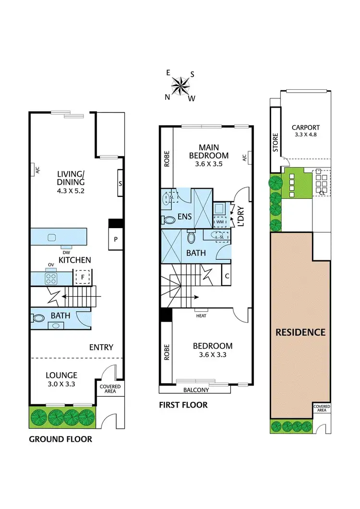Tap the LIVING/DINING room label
(71, 178)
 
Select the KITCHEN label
(74, 260)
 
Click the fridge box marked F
(81, 278)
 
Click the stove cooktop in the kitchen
(51, 278)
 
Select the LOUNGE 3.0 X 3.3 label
(61, 379)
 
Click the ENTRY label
(101, 347)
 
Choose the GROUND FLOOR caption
(60, 439)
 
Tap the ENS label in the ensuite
(184, 217)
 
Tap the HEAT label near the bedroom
(201, 316)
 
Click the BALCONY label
(195, 389)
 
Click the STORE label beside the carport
(276, 143)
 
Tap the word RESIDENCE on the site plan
(300, 332)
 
